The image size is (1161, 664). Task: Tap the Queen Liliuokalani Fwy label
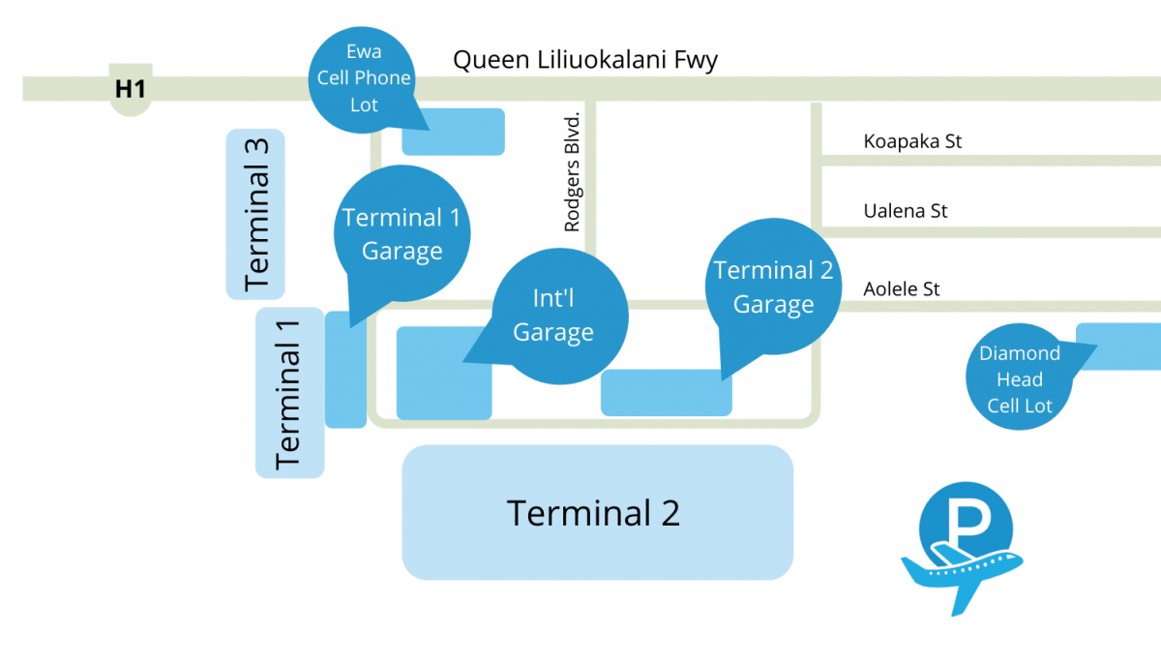tap(585, 60)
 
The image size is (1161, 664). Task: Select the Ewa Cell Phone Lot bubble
tap(365, 77)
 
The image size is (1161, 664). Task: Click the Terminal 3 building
tap(255, 214)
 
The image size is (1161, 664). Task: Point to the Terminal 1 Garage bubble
tap(402, 234)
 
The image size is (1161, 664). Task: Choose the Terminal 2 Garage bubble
tap(773, 287)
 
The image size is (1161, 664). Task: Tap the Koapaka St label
tap(912, 141)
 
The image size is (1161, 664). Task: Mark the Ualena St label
tap(906, 210)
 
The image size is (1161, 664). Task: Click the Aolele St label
tap(902, 288)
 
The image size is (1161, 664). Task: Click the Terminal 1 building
tap(289, 393)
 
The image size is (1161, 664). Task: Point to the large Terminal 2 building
tap(597, 512)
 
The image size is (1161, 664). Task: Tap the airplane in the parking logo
tap(958, 572)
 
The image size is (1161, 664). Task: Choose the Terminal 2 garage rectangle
tap(666, 393)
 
